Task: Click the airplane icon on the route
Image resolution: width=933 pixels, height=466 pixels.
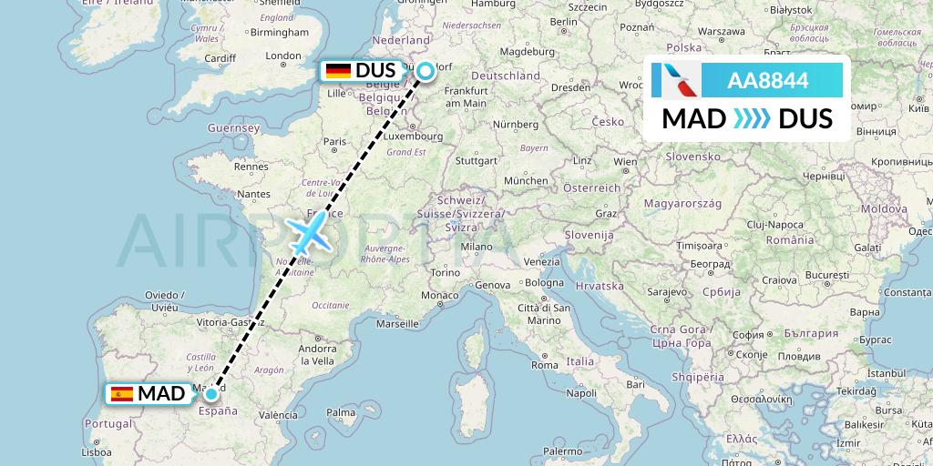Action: tap(310, 233)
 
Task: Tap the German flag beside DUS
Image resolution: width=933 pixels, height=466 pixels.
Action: tap(338, 70)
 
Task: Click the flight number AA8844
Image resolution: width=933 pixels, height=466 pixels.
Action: tap(767, 80)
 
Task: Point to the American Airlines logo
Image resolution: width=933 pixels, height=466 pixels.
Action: tap(677, 80)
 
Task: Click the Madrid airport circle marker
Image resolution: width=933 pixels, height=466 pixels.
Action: tap(211, 394)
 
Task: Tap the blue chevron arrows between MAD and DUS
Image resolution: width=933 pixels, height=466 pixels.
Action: tap(752, 119)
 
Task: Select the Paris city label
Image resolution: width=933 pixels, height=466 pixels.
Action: tap(335, 141)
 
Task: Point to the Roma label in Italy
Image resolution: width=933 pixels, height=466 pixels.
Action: tap(545, 365)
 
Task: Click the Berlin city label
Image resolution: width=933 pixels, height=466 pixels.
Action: tap(565, 22)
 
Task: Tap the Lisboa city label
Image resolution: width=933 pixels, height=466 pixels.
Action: tap(96, 451)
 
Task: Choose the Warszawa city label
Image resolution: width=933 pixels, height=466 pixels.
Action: tap(724, 31)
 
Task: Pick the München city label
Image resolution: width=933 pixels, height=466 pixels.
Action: tap(526, 181)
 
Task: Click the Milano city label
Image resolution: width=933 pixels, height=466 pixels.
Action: tap(475, 246)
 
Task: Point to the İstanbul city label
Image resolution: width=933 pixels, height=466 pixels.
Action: tap(885, 374)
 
